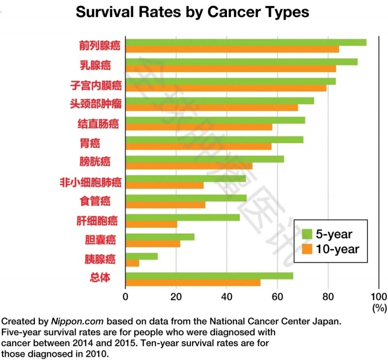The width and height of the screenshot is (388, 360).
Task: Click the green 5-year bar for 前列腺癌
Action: point(245,42)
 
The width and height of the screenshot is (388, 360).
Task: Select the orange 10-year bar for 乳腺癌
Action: point(230,68)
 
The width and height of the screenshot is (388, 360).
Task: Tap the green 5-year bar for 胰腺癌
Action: point(142,256)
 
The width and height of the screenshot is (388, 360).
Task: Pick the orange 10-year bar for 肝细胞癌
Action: point(151,224)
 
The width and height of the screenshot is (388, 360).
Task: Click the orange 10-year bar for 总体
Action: point(193,282)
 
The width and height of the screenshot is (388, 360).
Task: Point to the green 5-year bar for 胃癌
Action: point(214,140)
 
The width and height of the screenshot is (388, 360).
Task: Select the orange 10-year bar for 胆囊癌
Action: point(153,244)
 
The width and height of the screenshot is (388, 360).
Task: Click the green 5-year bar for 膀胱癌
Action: point(205,159)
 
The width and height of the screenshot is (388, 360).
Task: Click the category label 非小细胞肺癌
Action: point(90,182)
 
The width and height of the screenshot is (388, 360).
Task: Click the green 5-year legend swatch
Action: point(307,234)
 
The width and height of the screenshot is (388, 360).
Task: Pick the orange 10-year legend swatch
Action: point(307,249)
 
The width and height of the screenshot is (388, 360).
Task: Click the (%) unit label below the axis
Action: point(379,307)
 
